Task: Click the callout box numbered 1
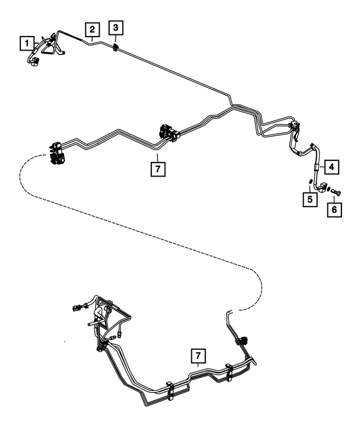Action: pos(25,42)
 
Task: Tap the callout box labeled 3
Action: pos(115,27)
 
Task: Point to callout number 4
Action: pos(332,166)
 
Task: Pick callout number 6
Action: pos(334,209)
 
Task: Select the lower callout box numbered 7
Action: pos(197,355)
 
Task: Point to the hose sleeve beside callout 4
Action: pos(316,166)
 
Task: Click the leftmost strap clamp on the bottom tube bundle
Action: pos(169,391)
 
